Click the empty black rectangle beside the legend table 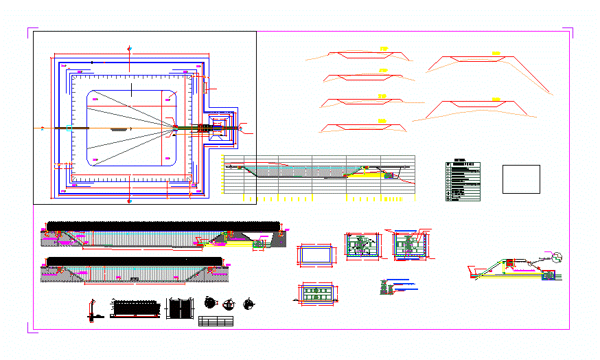coord(521,179)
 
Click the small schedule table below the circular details coord(216,321)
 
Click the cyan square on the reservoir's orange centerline coord(69,128)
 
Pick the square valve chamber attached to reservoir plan coord(220,127)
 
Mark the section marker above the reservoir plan coord(130,47)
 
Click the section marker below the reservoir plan coord(130,202)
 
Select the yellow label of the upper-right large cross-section coord(495,52)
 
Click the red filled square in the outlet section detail coord(509,262)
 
